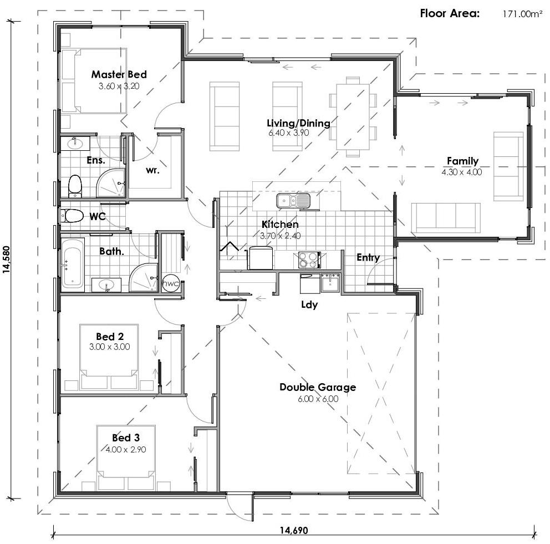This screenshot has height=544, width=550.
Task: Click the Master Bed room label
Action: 119,74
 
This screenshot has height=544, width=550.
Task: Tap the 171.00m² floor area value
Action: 522,14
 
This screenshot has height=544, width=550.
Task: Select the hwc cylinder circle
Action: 171,283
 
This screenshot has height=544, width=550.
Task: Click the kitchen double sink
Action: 294,200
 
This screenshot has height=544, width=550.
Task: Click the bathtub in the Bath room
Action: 72,265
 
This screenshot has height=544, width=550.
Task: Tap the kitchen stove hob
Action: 309,260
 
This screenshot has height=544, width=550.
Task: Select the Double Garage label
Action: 317,387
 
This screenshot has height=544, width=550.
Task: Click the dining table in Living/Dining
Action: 353,116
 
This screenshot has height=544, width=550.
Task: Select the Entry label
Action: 368,257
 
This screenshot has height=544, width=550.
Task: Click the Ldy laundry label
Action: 309,304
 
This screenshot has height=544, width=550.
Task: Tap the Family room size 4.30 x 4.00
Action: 461,172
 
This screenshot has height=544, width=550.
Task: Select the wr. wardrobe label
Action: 152,170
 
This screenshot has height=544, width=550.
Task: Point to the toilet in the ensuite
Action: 74,186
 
